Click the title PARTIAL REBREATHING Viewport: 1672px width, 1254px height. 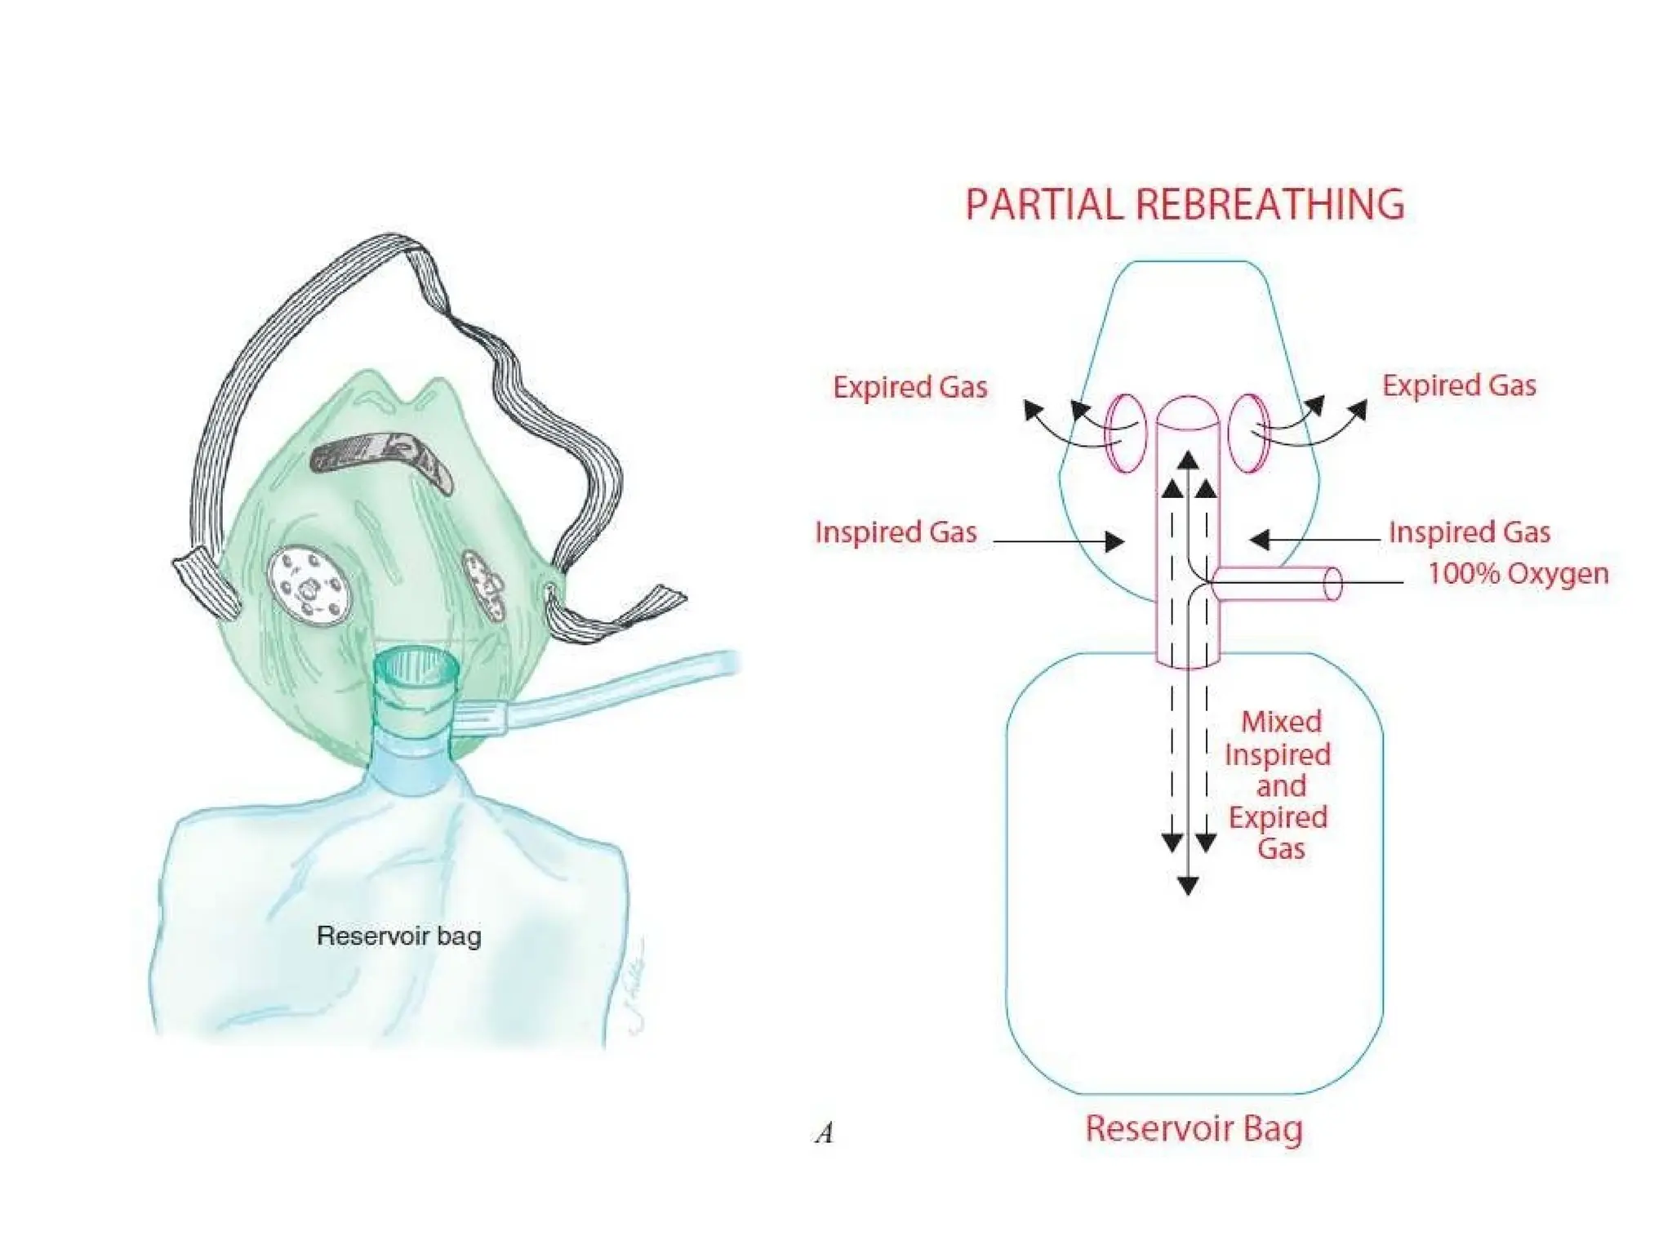1184,204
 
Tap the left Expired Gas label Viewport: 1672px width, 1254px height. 909,387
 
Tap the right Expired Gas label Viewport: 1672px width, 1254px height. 1458,385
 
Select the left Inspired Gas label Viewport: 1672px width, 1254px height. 896,532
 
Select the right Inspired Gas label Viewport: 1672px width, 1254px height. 1469,532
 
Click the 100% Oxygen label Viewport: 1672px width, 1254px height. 1517,573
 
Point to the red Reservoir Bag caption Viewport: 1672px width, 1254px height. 1193,1129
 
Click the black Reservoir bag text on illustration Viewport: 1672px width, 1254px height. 398,936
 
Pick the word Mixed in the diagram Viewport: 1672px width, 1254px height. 1280,722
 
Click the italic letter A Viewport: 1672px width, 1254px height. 825,1133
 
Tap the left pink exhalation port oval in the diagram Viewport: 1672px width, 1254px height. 1126,433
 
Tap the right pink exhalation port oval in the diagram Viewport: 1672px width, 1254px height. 1248,433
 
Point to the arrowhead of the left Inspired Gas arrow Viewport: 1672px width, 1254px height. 1114,541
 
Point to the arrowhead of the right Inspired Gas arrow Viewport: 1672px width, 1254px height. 1260,540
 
